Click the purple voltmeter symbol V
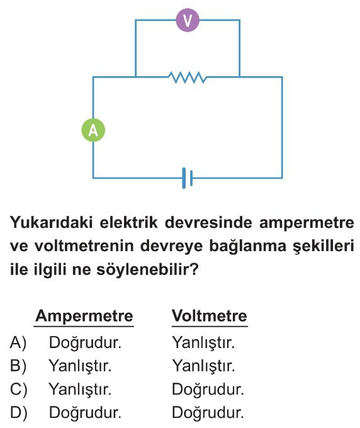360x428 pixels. [188, 20]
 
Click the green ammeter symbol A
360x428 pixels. [93, 130]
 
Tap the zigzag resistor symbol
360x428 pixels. [187, 77]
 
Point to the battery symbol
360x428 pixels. [187, 178]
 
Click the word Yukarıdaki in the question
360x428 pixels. [52, 222]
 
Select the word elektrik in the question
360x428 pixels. [128, 222]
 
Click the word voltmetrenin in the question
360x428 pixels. [84, 246]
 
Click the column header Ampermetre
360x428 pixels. [84, 316]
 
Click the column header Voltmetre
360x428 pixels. [210, 316]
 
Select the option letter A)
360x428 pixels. [18, 342]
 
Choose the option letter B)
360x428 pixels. [18, 366]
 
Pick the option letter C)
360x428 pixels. [18, 389]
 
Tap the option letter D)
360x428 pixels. [18, 412]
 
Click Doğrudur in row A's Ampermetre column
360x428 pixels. [85, 342]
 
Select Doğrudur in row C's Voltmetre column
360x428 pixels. [208, 389]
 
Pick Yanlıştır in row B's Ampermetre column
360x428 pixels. [80, 366]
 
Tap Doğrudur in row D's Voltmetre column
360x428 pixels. [208, 412]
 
